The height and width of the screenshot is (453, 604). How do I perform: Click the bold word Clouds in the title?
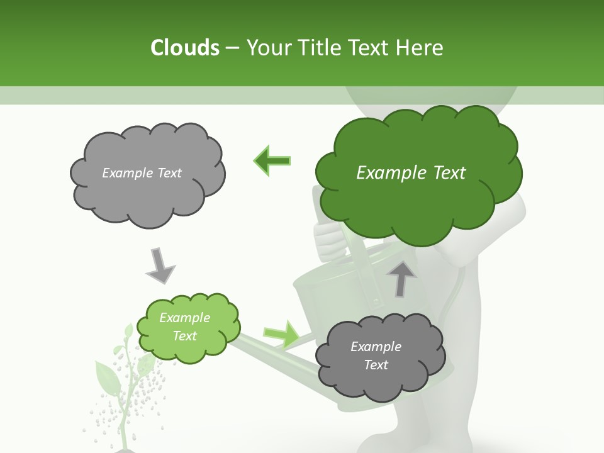point(184,48)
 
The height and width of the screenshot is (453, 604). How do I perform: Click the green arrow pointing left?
point(272,160)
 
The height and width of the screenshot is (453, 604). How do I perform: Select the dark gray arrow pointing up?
point(401,279)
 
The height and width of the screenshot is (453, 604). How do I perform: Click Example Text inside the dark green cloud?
point(411,173)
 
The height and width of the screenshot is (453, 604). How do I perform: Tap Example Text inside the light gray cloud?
point(142,173)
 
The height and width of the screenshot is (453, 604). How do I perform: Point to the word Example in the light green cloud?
point(184,318)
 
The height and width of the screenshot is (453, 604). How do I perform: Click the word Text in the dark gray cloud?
point(376,365)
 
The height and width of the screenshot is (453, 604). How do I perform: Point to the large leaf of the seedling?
point(107,377)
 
